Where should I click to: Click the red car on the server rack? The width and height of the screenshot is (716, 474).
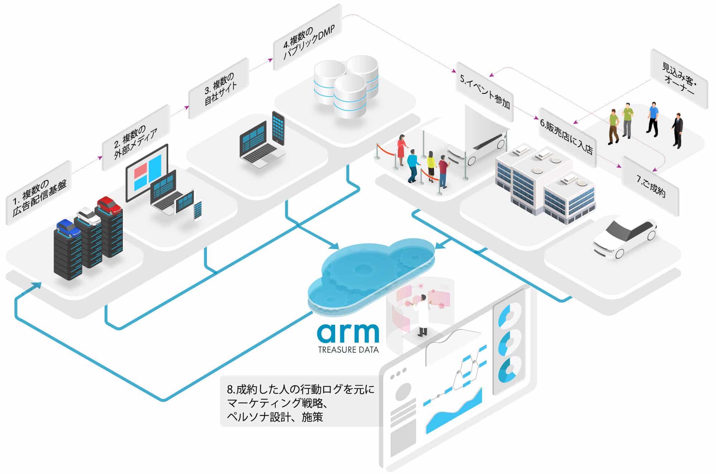pos(109,205)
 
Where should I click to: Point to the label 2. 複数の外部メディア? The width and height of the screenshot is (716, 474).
pos(135,138)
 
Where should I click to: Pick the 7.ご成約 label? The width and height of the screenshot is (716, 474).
pos(650,186)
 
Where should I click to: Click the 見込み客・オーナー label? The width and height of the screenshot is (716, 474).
pos(679,78)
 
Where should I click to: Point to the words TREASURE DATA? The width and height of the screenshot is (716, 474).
pos(348,350)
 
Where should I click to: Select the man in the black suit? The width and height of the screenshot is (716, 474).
pos(677,130)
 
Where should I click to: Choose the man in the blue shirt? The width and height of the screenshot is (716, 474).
pos(653,118)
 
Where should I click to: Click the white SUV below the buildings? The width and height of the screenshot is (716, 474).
pos(624,238)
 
